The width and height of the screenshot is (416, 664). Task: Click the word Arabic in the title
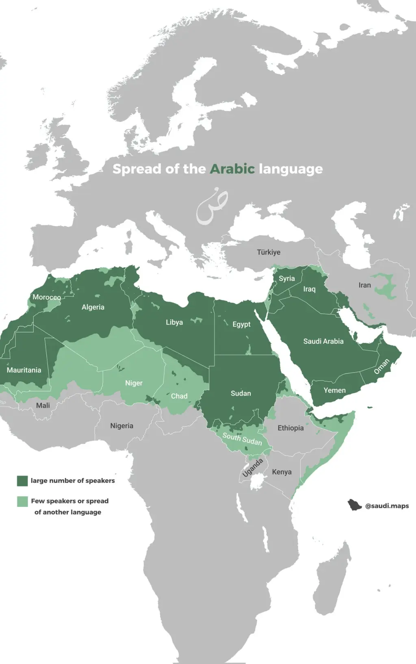(x=232, y=169)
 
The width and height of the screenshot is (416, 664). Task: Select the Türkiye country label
(x=269, y=252)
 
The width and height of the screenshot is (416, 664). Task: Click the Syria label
(x=287, y=278)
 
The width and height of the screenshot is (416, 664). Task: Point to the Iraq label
(x=309, y=289)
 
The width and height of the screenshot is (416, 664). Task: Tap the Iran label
(x=364, y=285)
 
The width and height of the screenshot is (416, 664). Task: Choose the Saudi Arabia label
(x=323, y=341)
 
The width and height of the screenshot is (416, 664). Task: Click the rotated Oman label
(x=381, y=367)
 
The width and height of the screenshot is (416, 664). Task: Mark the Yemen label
(x=334, y=391)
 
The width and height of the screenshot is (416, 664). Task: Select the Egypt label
(x=241, y=324)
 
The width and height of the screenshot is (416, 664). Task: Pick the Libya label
(x=174, y=322)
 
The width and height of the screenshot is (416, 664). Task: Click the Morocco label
(x=46, y=297)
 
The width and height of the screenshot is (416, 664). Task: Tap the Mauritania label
(x=24, y=370)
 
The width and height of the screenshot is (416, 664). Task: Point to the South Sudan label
(x=242, y=439)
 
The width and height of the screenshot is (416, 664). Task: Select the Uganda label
(x=253, y=468)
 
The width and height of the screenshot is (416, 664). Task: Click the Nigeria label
(x=121, y=426)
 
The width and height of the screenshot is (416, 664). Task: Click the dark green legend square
(x=22, y=481)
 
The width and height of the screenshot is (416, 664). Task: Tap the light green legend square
(x=22, y=501)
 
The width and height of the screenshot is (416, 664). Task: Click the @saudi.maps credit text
(x=387, y=506)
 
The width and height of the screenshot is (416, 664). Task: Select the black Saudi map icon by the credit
(x=354, y=505)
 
